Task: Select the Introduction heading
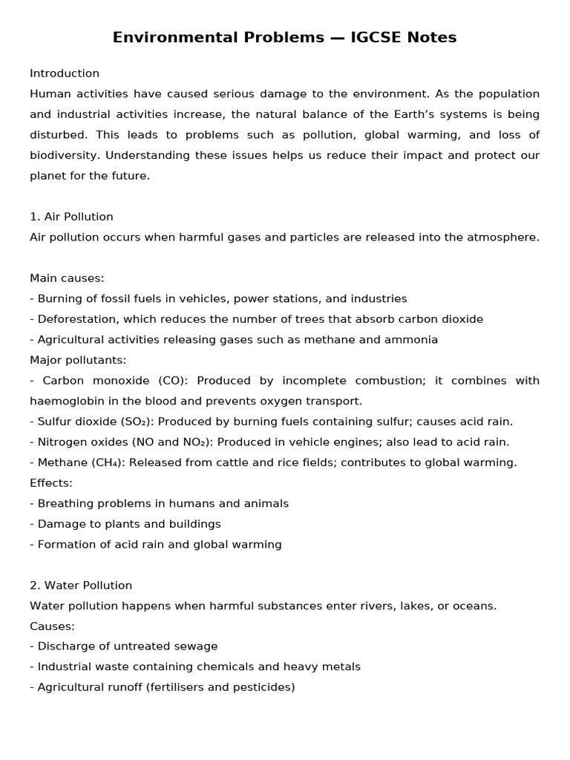coord(65,73)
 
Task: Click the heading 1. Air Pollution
coord(71,217)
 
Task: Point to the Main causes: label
coord(67,278)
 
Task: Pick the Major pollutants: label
coord(78,360)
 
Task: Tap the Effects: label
coord(51,482)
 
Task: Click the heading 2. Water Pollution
coord(81,585)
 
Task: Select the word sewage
coord(197,646)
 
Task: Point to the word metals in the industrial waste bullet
coord(342,666)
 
